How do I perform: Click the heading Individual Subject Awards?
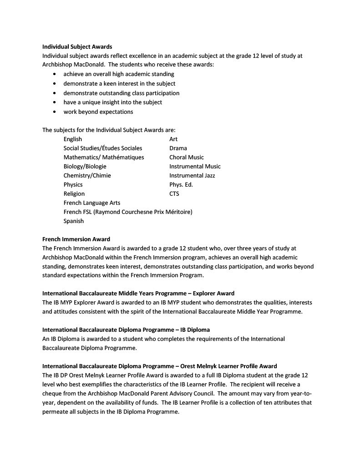pos(77,46)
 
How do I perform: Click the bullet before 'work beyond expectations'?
pos(55,112)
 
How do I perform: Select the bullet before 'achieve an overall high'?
pos(55,74)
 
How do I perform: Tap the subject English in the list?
pos(73,139)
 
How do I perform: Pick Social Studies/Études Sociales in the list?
pos(103,148)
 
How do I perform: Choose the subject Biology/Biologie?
pos(85,166)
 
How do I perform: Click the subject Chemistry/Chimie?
pos(87,175)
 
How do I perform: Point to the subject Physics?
pos(73,184)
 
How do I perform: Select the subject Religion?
pos(74,193)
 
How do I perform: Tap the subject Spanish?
pos(74,221)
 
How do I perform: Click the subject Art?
pos(173,139)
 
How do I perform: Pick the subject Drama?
pos(178,148)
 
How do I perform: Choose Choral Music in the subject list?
pos(187,157)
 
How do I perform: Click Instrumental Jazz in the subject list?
pos(192,175)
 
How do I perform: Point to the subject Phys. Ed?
pos(181,184)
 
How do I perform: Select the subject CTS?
pos(174,193)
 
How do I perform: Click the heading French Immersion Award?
pos(76,239)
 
